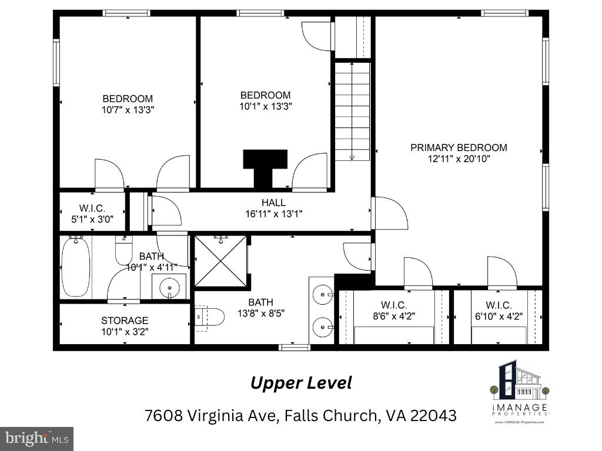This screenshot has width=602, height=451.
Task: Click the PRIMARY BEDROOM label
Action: click(x=459, y=147)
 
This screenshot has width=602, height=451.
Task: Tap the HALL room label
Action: click(x=273, y=203)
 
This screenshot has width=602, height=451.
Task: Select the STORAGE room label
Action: click(x=125, y=321)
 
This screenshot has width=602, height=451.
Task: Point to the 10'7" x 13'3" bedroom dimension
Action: click(x=128, y=110)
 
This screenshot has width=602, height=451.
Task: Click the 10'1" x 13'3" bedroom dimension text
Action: click(x=265, y=106)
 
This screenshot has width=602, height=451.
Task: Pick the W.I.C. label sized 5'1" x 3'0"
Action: click(x=92, y=207)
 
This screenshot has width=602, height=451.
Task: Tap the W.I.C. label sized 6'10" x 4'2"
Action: click(x=498, y=305)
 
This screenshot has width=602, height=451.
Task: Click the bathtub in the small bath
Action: click(x=75, y=267)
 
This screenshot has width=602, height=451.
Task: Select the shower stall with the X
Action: click(x=220, y=261)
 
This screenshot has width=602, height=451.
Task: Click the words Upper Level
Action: click(x=301, y=383)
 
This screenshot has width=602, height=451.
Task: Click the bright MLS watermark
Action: click(x=36, y=438)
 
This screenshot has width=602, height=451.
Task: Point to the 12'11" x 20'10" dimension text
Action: click(x=459, y=159)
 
